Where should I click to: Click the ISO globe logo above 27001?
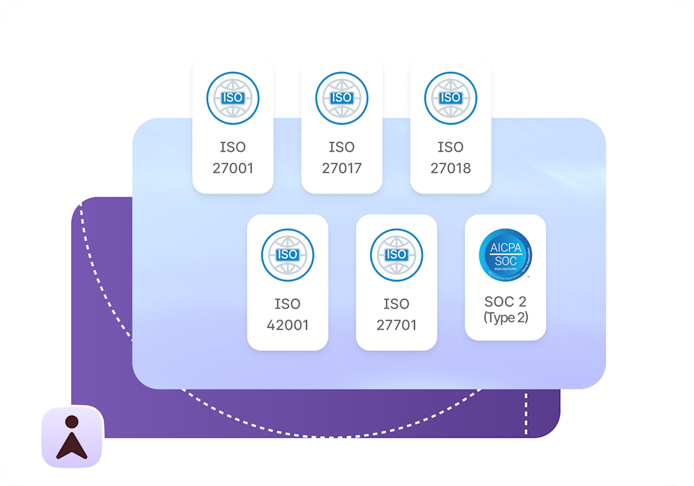coord(233,98)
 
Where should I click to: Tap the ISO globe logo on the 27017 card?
coord(342,98)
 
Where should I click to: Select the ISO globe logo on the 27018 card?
coord(450,98)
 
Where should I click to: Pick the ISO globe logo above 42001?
coord(287,255)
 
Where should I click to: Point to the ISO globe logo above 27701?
coord(396,255)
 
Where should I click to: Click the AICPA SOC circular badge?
coord(505,255)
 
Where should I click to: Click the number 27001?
coord(233,168)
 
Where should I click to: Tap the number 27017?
coord(342,168)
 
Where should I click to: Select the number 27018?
coord(450,168)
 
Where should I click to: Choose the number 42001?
coord(287,325)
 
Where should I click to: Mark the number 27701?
coord(396,325)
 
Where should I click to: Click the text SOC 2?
coord(505,302)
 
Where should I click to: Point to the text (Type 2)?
coord(505,318)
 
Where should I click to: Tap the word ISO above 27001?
coord(233,147)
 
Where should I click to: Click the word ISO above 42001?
coord(287,304)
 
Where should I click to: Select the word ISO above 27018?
coord(450,147)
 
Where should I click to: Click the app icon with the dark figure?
coord(72,437)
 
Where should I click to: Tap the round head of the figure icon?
coord(72,422)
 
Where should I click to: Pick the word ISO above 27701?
coord(396,304)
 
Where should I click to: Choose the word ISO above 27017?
coord(342,147)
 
